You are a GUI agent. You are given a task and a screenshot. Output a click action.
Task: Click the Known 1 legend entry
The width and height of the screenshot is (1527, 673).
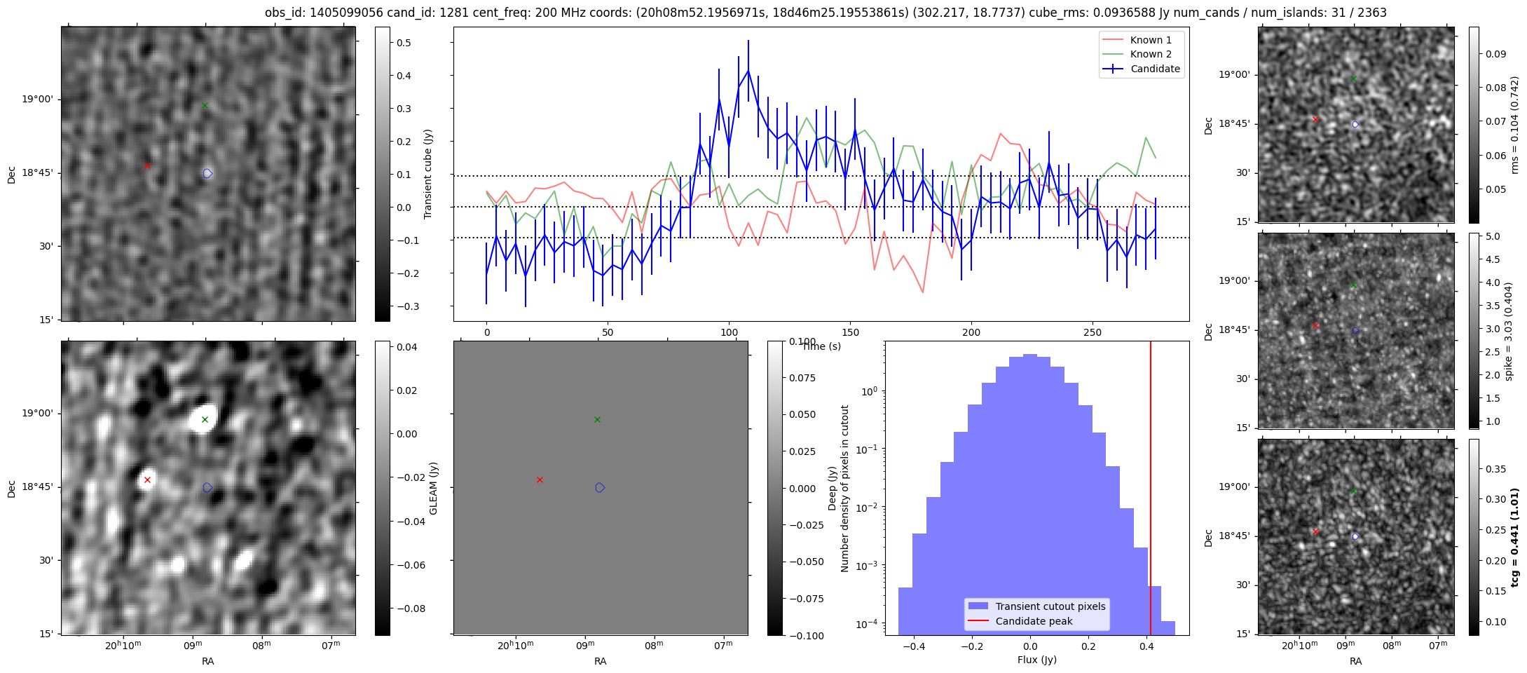tap(1142, 40)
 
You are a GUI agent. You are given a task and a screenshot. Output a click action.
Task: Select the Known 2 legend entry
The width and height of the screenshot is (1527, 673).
tap(1142, 54)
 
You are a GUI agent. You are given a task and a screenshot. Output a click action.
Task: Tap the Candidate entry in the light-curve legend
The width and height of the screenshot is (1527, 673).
tap(1142, 69)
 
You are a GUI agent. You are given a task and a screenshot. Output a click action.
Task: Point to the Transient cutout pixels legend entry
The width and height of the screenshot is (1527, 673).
tap(1036, 606)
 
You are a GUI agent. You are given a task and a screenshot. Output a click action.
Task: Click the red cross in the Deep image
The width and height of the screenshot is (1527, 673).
tap(147, 480)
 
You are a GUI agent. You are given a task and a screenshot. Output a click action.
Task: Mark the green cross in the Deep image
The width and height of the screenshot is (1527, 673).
tap(205, 419)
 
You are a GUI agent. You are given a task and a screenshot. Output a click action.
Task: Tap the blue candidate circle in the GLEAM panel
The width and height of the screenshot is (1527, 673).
tap(600, 487)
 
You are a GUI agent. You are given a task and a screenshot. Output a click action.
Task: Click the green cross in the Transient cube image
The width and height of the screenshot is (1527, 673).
tap(205, 105)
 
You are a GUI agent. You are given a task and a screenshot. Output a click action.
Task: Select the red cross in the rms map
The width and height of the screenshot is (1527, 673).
tap(1315, 119)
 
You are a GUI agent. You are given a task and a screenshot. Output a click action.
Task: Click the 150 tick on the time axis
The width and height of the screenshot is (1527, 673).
tap(850, 332)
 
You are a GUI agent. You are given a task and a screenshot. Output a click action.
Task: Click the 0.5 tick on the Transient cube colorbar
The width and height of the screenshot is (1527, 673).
tap(404, 43)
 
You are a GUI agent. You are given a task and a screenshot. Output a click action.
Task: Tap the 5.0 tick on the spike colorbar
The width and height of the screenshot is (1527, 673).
tap(1492, 236)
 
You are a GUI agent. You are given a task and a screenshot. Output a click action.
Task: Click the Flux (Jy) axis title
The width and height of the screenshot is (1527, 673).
tap(1036, 660)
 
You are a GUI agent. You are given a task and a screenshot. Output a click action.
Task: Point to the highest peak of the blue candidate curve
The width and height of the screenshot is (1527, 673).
tap(748, 70)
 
